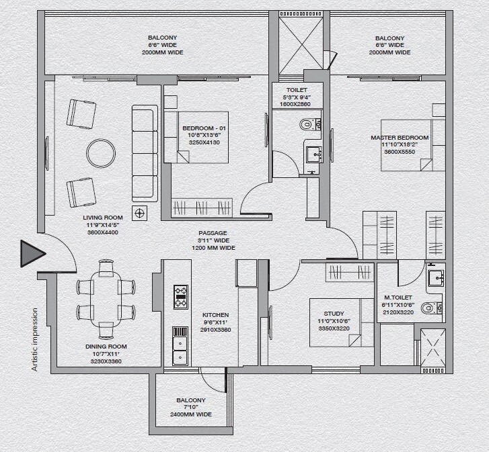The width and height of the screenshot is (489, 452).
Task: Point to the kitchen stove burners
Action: point(180,296)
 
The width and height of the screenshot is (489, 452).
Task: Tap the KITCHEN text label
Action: point(215,314)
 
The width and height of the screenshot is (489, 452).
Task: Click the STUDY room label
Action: point(334,314)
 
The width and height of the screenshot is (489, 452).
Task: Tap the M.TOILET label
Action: point(398,297)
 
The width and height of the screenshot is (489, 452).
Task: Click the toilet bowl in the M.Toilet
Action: point(428,308)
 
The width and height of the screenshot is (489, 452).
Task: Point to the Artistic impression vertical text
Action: point(34,340)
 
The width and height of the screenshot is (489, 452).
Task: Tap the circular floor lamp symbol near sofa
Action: point(140,214)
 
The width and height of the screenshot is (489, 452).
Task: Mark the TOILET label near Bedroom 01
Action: point(297,89)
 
